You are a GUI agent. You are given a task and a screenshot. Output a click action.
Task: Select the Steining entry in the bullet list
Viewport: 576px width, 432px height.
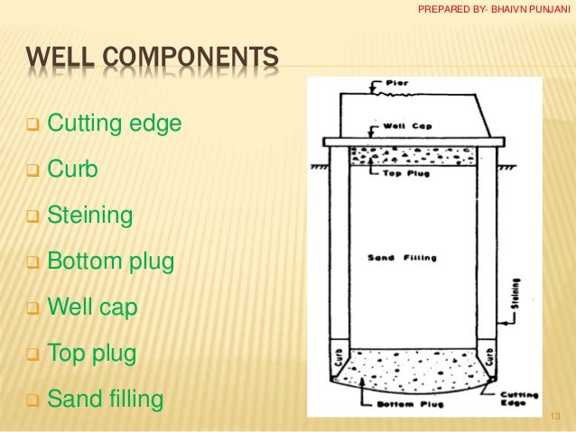tap(89, 216)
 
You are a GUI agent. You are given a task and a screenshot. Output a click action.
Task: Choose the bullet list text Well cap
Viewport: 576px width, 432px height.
tap(91, 308)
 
